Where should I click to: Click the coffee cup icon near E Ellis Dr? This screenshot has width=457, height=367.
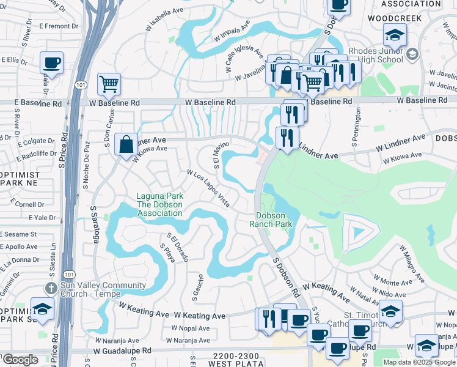pos(51,62)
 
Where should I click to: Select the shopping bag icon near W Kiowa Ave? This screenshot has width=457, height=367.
pos(125,145)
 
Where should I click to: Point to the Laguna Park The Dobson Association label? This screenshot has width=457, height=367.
pos(159,204)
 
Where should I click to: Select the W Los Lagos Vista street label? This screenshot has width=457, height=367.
pos(208,188)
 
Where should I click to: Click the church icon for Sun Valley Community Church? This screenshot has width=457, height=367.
pos(52,287)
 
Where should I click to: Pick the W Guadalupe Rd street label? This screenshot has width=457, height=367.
pos(122,351)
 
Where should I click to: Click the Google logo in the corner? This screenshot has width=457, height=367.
pos(20,360)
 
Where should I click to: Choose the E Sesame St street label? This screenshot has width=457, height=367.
pos(20,234)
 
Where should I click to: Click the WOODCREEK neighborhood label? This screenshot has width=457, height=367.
pos(395,18)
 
